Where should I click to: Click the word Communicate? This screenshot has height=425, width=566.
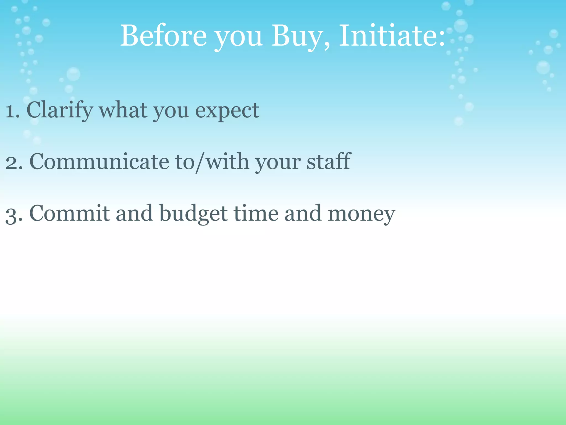tap(99, 162)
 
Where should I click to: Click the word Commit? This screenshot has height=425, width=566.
tap(69, 213)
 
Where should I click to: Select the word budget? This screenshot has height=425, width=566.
tap(193, 214)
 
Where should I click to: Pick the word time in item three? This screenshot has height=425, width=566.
tap(256, 213)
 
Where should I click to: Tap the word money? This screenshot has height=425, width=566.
tap(361, 214)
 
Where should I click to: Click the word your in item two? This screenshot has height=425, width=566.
tap(277, 163)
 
